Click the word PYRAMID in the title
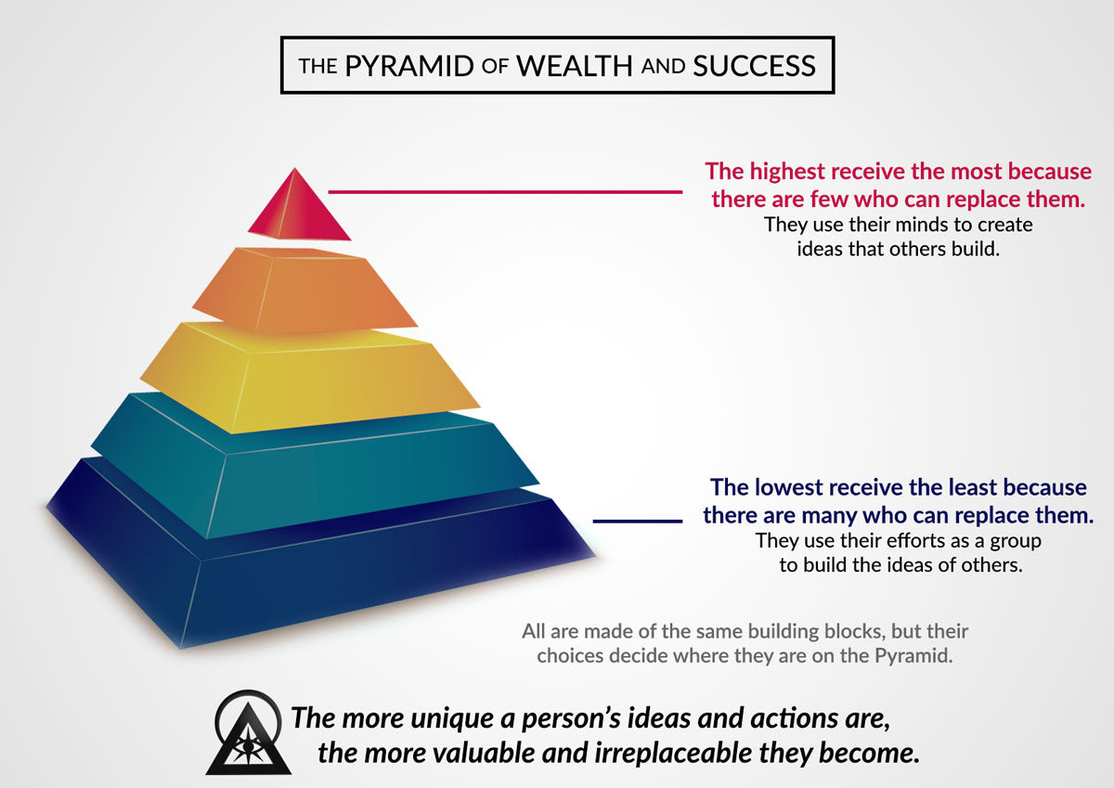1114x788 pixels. [408, 66]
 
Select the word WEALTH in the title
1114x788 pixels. [574, 66]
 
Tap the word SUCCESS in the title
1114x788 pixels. [754, 66]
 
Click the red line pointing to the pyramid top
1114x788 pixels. [505, 191]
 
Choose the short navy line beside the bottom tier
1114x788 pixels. [637, 521]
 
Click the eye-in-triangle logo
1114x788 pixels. [249, 733]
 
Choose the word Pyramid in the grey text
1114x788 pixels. [913, 656]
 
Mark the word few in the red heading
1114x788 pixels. [830, 200]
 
